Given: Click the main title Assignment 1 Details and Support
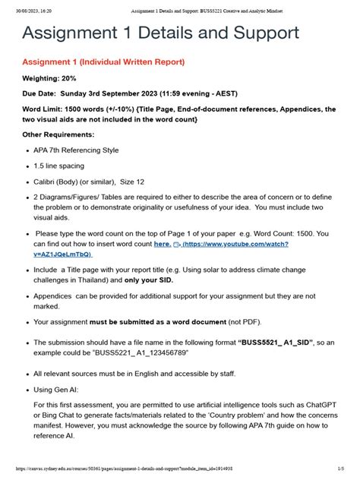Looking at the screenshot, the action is tap(160, 33).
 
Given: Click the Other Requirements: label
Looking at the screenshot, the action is tap(59, 134).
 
